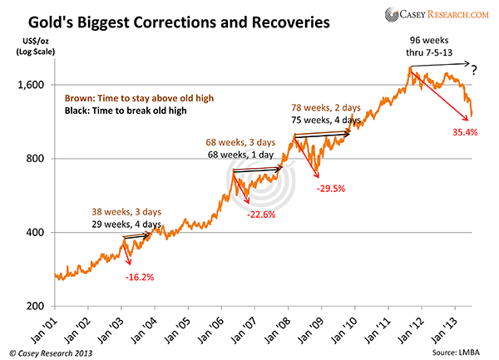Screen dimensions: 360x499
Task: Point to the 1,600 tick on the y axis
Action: [30, 85]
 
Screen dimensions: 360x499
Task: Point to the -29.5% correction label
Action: [333, 189]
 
